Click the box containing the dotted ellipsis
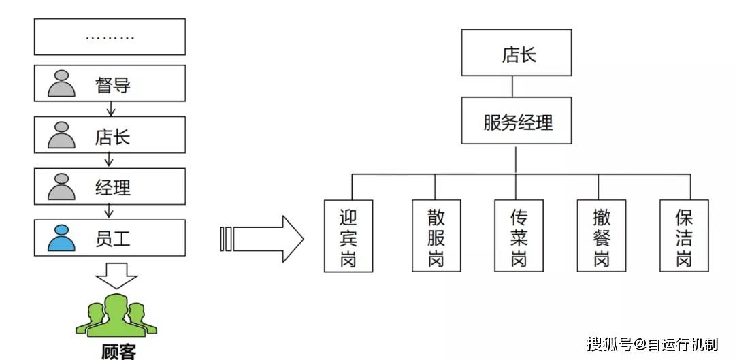coord(110,37)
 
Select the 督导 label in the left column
coord(113,85)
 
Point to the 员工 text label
coord(113,238)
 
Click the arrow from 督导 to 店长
coord(109,109)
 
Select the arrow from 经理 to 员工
coord(109,212)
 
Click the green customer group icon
coord(117,316)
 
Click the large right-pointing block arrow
coord(263,238)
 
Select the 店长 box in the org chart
coord(516,52)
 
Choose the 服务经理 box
coord(516,120)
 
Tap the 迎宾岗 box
coord(348,235)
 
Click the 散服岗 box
coord(436,235)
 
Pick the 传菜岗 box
coord(519,235)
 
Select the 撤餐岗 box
coord(601,235)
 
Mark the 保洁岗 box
coord(683,235)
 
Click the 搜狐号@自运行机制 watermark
coord(651,344)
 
